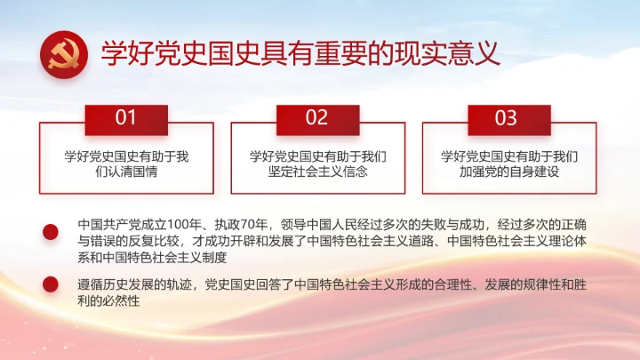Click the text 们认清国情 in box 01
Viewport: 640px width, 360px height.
point(126,172)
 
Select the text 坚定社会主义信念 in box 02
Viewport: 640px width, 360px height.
point(317,172)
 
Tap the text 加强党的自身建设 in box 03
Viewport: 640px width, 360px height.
point(509,172)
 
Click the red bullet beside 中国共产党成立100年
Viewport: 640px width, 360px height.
point(51,232)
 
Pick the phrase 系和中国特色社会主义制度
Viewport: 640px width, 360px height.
point(153,258)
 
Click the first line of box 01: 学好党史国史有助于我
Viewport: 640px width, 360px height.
point(126,156)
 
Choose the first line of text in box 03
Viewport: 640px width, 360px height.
point(509,156)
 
